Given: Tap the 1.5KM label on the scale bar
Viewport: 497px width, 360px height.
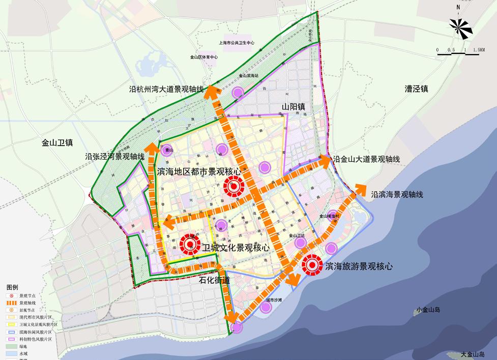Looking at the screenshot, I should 478,50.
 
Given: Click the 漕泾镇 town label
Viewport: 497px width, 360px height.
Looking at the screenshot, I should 416,89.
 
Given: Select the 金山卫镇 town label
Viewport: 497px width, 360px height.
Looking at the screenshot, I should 57,143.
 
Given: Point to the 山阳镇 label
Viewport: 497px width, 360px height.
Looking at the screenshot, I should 294,107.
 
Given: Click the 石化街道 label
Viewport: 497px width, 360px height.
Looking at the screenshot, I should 214,280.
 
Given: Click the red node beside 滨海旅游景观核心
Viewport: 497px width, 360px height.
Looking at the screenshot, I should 310,265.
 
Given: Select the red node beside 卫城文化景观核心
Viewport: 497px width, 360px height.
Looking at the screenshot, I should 190,246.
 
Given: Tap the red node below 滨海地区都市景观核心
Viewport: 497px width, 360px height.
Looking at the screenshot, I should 233,187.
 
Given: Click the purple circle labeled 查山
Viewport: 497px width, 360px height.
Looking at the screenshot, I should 168,151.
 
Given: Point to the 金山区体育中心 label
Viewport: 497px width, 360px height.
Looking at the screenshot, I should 203,57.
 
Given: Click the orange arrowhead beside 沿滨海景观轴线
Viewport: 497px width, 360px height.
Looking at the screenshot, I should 361,188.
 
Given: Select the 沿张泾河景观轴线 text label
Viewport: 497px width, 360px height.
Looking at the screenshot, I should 115,157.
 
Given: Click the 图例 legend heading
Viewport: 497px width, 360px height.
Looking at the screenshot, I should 12,287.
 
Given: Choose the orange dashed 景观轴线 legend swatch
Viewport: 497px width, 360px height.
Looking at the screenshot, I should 11,303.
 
